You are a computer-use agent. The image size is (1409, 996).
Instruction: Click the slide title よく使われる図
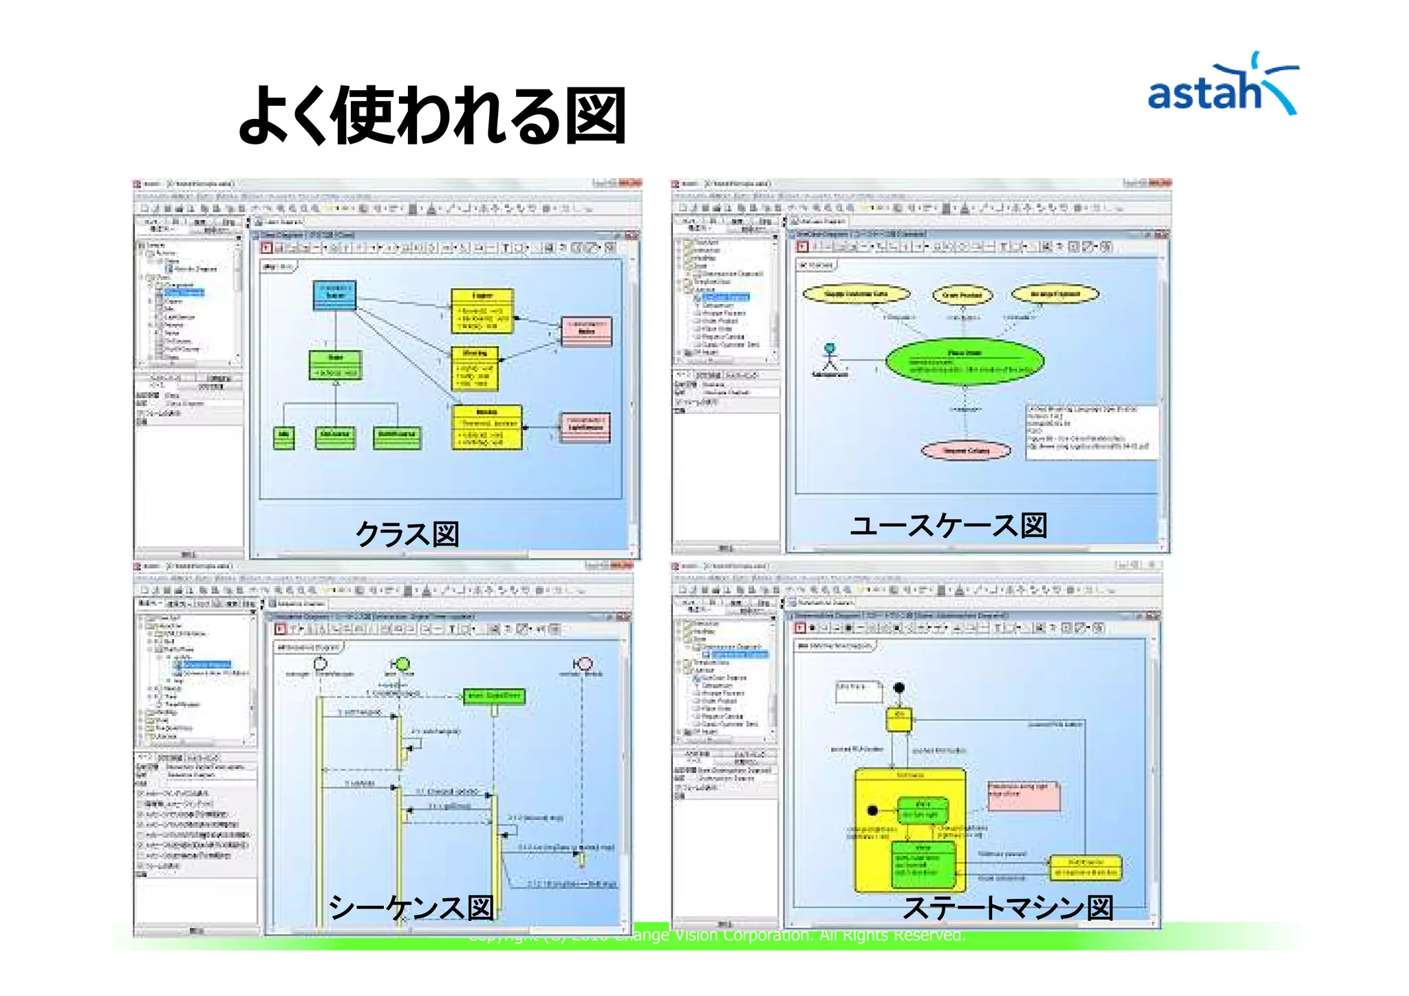click(x=431, y=116)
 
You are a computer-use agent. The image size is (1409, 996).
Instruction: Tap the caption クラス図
click(x=407, y=534)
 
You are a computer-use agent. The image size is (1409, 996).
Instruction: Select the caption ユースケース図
click(x=949, y=526)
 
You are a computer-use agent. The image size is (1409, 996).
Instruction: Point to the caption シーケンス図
click(x=411, y=907)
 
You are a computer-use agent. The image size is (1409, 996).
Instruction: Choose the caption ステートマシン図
click(x=1008, y=907)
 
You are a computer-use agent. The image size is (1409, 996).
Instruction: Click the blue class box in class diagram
click(x=334, y=295)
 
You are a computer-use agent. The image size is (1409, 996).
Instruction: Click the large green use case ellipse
click(x=965, y=361)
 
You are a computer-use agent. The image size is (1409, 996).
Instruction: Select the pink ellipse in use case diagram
click(x=966, y=451)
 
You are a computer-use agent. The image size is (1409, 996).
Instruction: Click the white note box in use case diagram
click(x=1091, y=431)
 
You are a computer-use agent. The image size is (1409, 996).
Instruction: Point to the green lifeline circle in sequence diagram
click(x=403, y=664)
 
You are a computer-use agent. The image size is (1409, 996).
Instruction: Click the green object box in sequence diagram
click(x=494, y=696)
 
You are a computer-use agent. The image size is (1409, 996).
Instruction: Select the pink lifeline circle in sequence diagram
click(x=585, y=663)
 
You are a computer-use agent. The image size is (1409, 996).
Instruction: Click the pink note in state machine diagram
click(x=1024, y=795)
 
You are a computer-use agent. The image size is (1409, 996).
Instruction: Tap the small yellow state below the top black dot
click(x=899, y=719)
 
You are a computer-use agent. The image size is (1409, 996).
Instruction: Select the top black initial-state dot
click(x=899, y=687)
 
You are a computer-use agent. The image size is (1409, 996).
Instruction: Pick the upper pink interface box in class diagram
click(x=586, y=332)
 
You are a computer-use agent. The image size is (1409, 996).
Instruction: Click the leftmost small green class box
click(x=283, y=437)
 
